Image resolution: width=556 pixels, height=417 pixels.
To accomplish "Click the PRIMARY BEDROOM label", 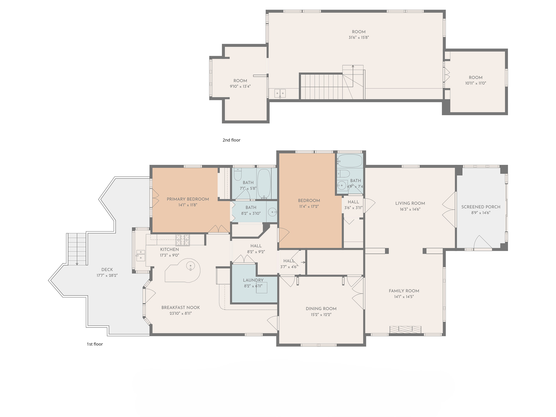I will tap(187, 199).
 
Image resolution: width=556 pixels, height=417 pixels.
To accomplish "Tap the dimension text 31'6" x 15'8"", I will tap(358, 38).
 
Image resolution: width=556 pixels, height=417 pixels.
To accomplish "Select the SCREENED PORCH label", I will tap(481, 207).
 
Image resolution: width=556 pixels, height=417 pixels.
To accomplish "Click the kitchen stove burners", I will tap(183, 240).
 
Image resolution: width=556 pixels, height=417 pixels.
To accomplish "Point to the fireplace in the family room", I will tap(405, 330).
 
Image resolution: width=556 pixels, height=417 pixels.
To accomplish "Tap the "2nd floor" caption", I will tap(231, 140).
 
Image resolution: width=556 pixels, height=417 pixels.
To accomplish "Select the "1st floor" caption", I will tap(95, 344).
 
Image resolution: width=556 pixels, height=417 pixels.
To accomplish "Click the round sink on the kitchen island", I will tap(191, 266).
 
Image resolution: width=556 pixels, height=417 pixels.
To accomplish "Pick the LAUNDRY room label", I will tap(253, 280).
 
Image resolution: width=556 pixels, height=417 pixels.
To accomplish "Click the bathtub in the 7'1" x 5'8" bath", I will tap(264, 183).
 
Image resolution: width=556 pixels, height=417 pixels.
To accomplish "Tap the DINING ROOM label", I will tap(321, 309).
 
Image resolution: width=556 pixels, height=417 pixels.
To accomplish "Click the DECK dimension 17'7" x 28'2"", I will tap(107, 275).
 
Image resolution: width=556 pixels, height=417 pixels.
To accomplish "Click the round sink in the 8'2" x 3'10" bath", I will tap(272, 212).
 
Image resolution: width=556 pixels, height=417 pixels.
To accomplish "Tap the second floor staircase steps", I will tap(322, 86).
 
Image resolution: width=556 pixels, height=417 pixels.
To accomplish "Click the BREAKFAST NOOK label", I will tap(180, 307).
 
